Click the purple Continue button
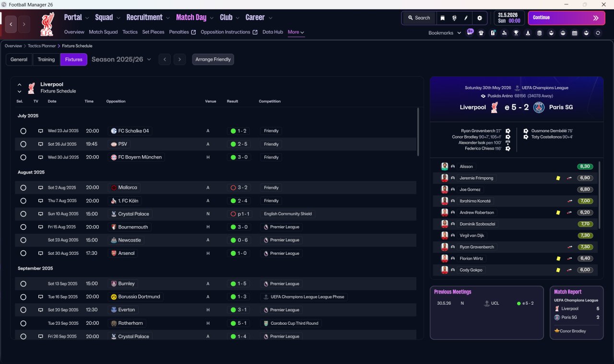coord(567,18)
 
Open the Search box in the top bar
coord(419,18)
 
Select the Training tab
coord(46,59)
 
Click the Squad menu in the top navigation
coord(104,18)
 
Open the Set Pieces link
coord(153,32)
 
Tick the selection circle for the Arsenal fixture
coord(24,253)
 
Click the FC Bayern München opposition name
coord(140,157)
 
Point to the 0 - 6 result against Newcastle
coord(243,240)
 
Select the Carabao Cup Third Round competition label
coord(295,323)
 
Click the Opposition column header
coord(116,101)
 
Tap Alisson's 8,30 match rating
coord(585,166)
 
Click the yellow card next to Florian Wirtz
coord(558,258)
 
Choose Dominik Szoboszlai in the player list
coord(477,224)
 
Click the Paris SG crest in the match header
coord(539,107)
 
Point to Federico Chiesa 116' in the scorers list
coord(483,148)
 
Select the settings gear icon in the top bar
coord(479,18)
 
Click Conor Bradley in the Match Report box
coord(573,331)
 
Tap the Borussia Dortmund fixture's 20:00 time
coord(93,296)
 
